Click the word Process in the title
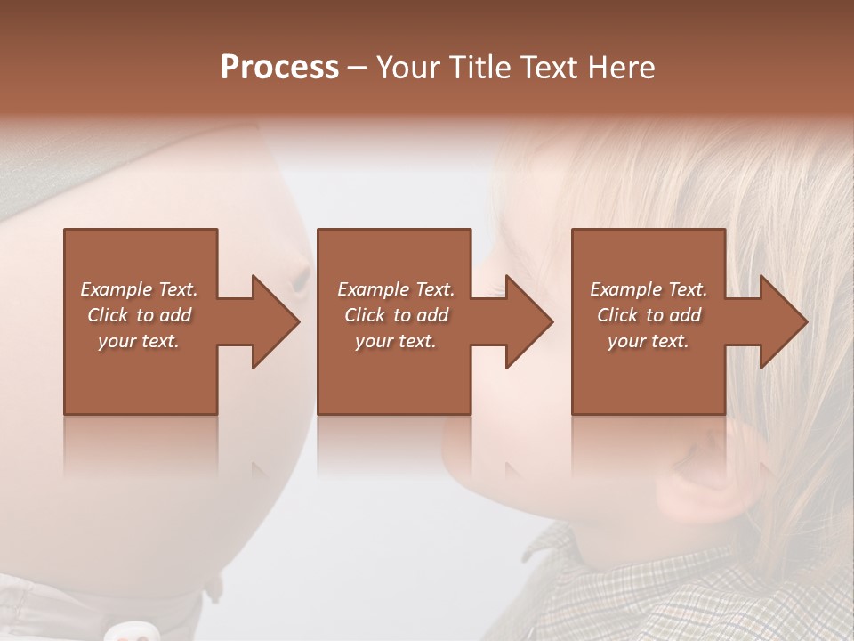[x=279, y=68]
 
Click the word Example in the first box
[x=116, y=289]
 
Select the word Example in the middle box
[x=373, y=289]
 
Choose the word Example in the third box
[x=625, y=289]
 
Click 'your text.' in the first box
[x=138, y=341]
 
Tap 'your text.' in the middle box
[x=395, y=341]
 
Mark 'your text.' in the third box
[x=648, y=341]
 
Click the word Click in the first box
[x=109, y=315]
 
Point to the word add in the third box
[x=685, y=315]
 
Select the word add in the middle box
[x=432, y=315]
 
